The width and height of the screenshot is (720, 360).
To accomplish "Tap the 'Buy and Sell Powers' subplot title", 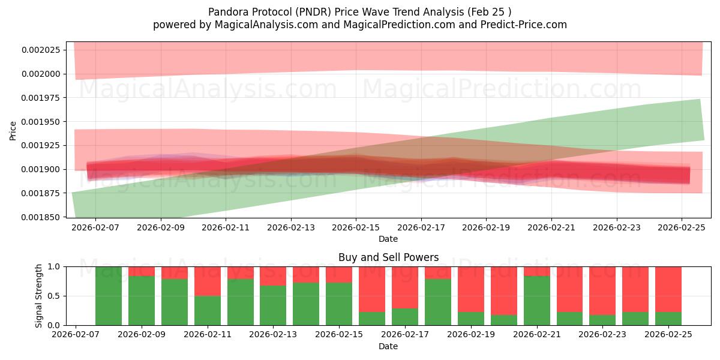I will pyautogui.click(x=388, y=257).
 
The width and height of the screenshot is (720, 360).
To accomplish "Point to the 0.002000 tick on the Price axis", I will pyautogui.click(x=43, y=74).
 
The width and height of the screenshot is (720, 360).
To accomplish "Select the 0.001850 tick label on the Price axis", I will pyautogui.click(x=43, y=217).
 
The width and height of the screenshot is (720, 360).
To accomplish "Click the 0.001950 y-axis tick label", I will pyautogui.click(x=43, y=122).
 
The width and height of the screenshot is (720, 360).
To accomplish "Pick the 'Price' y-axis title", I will pyautogui.click(x=13, y=130).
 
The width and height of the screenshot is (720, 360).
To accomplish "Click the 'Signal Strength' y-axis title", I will pyautogui.click(x=39, y=296).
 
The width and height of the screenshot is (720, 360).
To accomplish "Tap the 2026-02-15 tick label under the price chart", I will pyautogui.click(x=356, y=228).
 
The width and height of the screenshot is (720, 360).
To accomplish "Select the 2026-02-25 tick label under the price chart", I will pyautogui.click(x=682, y=228).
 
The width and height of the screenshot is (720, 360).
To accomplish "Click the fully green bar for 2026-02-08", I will pyautogui.click(x=109, y=296).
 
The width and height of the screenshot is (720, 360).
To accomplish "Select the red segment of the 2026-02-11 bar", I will pyautogui.click(x=207, y=281).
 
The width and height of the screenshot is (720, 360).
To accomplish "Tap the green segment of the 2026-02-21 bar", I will pyautogui.click(x=536, y=301).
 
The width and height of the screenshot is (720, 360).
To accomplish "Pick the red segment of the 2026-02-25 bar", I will pyautogui.click(x=668, y=289).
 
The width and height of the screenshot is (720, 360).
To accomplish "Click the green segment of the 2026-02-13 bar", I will pyautogui.click(x=273, y=305).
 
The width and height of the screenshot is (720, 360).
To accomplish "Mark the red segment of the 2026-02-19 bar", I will pyautogui.click(x=470, y=289).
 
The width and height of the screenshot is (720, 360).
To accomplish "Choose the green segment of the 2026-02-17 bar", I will pyautogui.click(x=404, y=317).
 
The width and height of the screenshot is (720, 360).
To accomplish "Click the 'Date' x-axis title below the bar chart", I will pyautogui.click(x=388, y=346).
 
